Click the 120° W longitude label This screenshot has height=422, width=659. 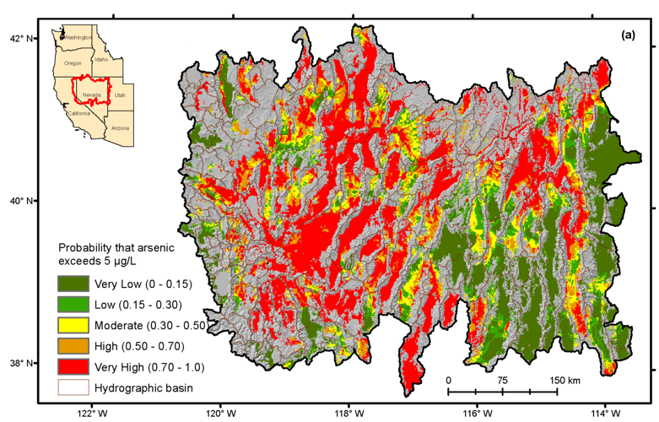(217, 413)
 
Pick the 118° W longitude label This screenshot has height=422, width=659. (348, 413)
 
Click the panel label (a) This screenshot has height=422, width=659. (628, 35)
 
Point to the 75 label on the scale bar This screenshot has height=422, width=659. (502, 380)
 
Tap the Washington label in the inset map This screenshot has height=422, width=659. (78, 38)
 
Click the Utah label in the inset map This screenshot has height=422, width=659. (120, 95)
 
